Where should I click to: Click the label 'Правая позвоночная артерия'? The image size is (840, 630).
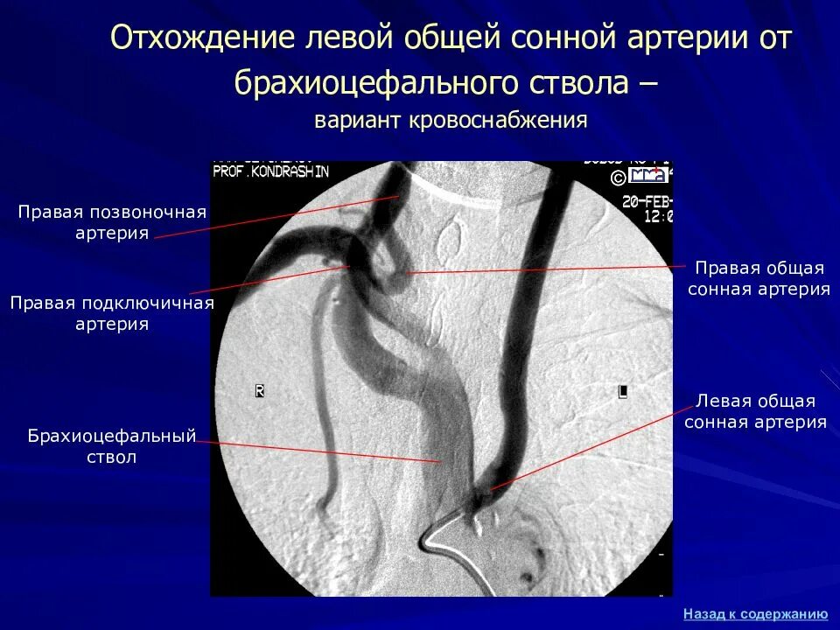click(x=113, y=222)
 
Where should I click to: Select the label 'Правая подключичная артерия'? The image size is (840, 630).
click(x=112, y=313)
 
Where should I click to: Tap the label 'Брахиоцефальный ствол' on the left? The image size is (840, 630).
click(x=111, y=445)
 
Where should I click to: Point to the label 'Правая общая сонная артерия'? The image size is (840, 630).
click(x=759, y=278)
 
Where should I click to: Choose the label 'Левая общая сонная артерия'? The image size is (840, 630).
click(x=756, y=411)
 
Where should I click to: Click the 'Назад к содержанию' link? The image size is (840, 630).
click(x=755, y=613)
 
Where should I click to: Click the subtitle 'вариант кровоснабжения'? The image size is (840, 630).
click(x=451, y=120)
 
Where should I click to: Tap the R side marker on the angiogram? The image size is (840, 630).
click(x=259, y=391)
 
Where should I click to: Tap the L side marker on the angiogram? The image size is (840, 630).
click(x=622, y=392)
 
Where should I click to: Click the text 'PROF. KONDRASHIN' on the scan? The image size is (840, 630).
click(x=271, y=172)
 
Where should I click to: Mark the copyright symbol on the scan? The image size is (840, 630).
click(x=618, y=178)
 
